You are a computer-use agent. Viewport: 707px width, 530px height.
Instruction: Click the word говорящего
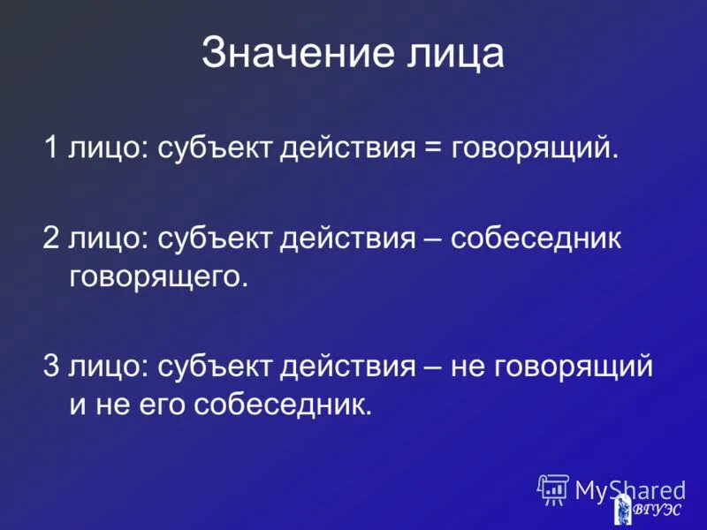tap(155, 277)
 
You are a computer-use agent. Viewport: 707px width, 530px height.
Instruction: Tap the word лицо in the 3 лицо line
tap(107, 366)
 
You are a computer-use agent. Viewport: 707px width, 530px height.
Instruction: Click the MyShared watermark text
tap(629, 488)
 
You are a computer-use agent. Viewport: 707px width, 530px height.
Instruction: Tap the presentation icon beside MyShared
tap(553, 488)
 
